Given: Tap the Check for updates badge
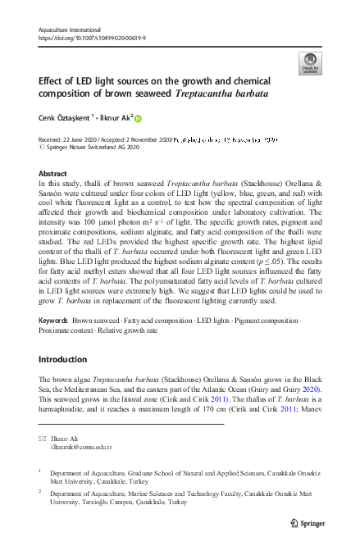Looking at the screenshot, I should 311,65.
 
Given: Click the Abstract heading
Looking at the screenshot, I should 53,174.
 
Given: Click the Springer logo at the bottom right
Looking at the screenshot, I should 308,521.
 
